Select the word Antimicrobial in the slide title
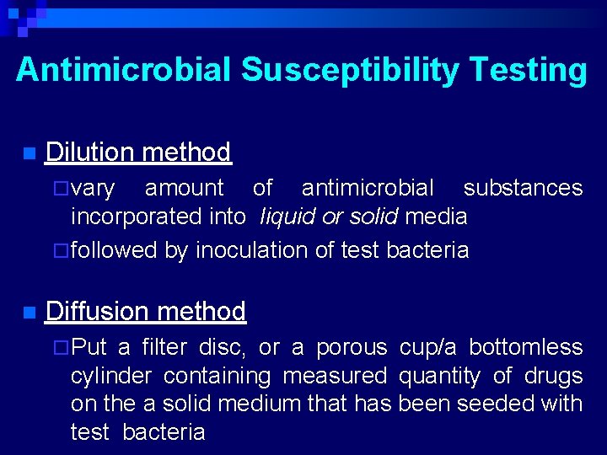[123, 70]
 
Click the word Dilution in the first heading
[90, 153]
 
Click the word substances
[523, 188]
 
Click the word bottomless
[525, 347]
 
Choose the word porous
[351, 347]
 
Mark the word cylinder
[112, 376]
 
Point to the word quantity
[439, 376]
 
